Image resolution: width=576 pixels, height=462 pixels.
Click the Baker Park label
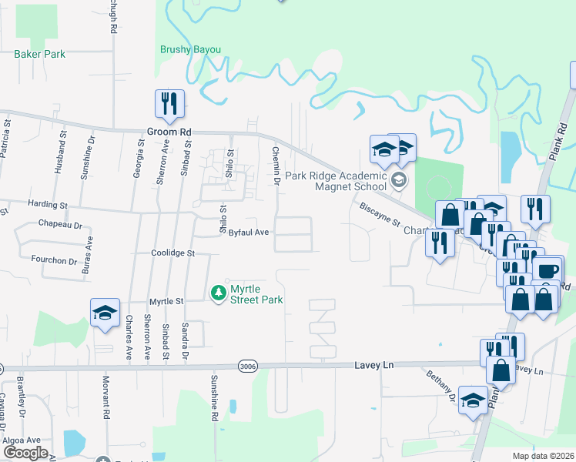click(39, 55)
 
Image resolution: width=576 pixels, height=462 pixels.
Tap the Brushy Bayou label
click(190, 50)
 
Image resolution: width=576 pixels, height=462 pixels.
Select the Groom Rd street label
click(169, 132)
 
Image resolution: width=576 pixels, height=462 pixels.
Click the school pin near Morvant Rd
click(105, 313)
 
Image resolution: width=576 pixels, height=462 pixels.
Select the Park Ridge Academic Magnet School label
click(336, 181)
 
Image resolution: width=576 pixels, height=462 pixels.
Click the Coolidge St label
click(173, 253)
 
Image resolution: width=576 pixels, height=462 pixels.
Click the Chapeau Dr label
click(59, 225)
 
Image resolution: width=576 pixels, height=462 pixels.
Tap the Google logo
click(25, 453)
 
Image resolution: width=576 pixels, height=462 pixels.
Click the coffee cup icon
click(548, 271)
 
